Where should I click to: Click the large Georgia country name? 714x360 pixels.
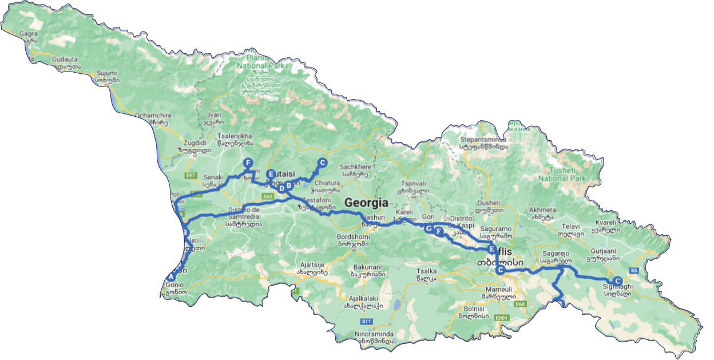point(366,203)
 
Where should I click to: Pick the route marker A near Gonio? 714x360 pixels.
point(169,277)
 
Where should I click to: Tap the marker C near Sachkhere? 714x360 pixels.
point(322,163)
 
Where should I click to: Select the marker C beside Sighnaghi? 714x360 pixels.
point(617,280)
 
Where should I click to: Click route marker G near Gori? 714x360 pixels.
point(429,228)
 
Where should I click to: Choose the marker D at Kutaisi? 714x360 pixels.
point(281,188)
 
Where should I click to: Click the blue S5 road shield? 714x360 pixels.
point(633,270)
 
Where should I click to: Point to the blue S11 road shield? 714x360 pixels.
point(367,322)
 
